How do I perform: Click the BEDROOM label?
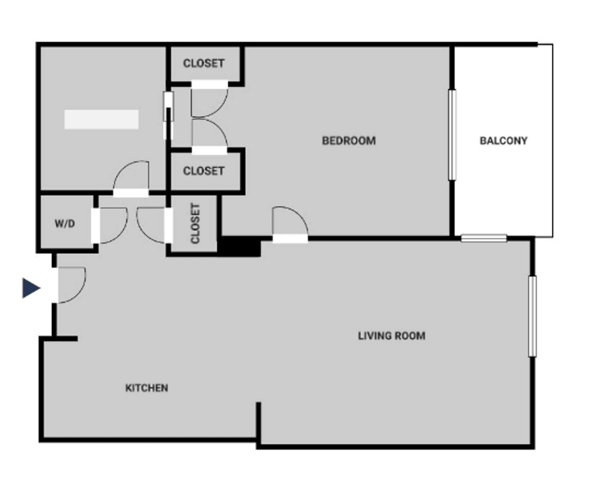[349, 141]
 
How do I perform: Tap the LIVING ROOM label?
[391, 336]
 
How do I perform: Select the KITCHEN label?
[146, 388]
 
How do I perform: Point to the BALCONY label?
[503, 141]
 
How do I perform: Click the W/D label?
[65, 223]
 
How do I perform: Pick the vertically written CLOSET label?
[195, 223]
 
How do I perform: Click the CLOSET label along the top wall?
[203, 63]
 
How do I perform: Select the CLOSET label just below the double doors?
[203, 171]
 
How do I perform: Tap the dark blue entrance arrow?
[31, 288]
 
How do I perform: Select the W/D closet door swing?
[112, 225]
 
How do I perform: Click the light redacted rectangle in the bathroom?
[102, 119]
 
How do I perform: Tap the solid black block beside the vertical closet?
[240, 246]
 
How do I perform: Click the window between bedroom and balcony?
[452, 135]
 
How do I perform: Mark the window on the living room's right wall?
[532, 316]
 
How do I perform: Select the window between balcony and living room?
[484, 238]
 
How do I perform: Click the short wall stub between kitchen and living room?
[258, 422]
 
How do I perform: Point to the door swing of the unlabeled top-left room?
[132, 177]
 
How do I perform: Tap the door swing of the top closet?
[209, 100]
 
